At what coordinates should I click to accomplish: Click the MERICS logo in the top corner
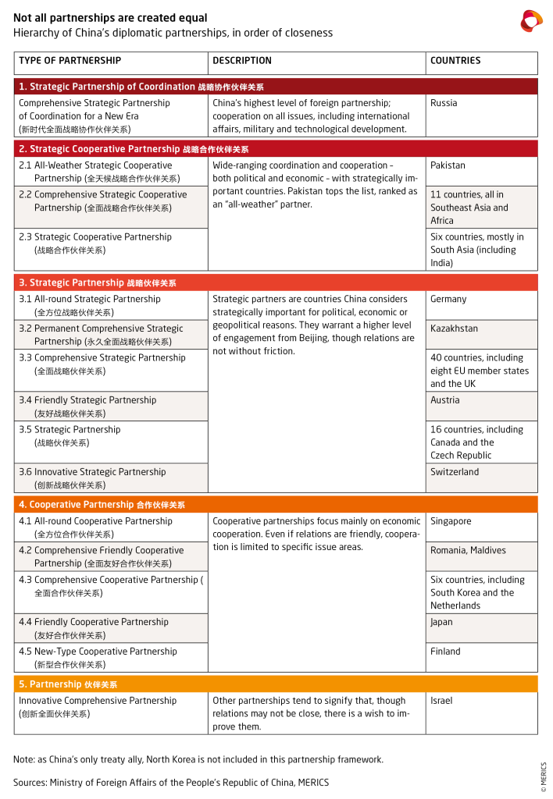coord(531,21)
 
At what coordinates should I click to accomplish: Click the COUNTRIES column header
coord(455,61)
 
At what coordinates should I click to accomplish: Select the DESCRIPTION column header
coord(242,61)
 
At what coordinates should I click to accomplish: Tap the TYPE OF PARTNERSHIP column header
coord(70,61)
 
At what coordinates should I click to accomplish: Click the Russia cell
coord(444,103)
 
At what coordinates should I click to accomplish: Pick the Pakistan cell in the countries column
coord(448,165)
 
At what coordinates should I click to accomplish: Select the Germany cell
coord(448,299)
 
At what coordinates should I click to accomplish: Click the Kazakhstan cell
coord(454,328)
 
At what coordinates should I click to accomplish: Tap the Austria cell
coord(445,400)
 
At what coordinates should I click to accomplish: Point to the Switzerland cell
coord(455,472)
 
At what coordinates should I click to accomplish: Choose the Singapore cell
coord(451,521)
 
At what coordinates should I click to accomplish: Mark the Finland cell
coord(445,652)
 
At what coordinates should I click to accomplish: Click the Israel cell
coord(441,701)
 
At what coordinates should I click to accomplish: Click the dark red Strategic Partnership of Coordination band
coord(276,87)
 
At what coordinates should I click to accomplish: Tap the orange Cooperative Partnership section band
coord(276,505)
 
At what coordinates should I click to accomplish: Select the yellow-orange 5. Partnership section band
coord(276,684)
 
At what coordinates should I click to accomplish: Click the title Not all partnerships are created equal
coord(110,18)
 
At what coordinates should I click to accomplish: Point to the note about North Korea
coord(198,759)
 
